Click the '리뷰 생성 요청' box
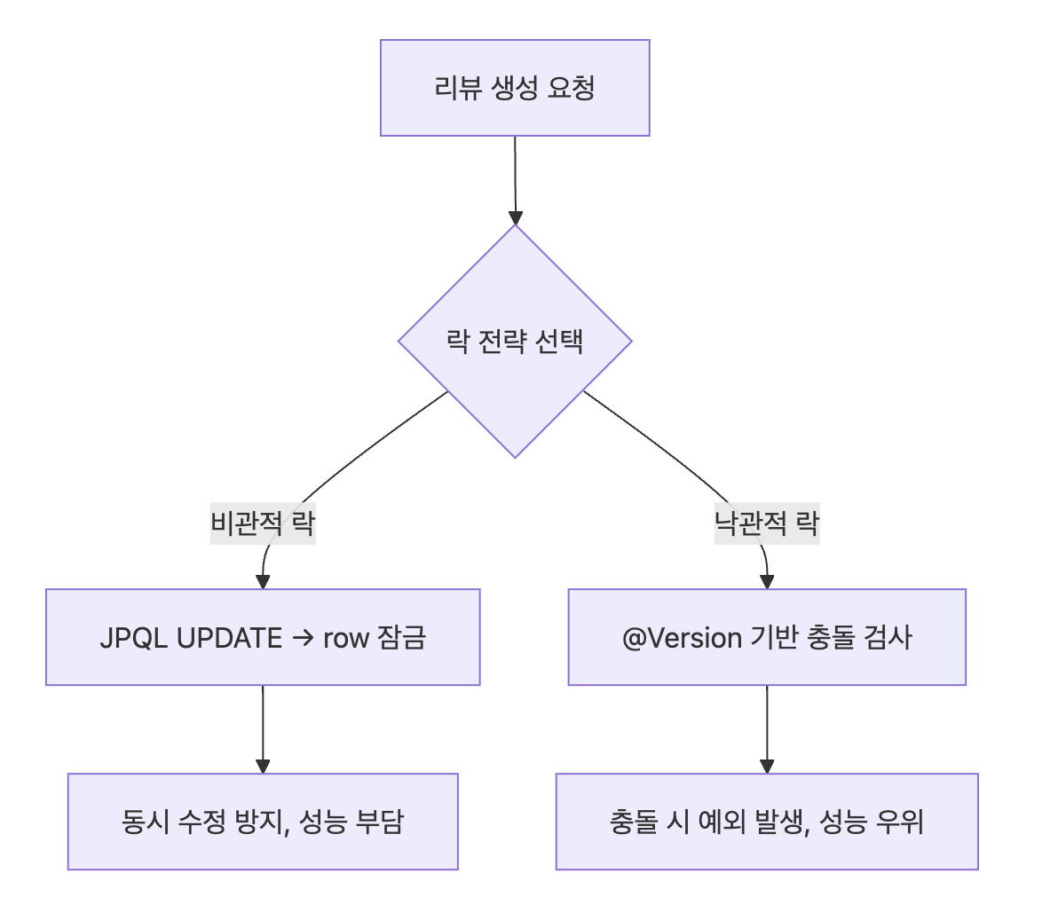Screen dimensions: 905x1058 515,88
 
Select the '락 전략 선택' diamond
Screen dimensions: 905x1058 515,341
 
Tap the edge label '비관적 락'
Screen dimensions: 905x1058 263,523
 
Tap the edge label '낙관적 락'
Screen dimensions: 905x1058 767,523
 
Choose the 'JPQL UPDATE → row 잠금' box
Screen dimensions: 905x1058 263,637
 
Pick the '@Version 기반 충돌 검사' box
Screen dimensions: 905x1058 767,637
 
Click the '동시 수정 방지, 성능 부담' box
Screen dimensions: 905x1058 263,822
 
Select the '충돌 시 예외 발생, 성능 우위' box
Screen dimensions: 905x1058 767,822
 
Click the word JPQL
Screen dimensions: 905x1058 134,638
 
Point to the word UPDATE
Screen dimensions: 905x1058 229,638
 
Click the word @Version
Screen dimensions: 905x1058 669,638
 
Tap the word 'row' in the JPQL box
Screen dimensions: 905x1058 345,638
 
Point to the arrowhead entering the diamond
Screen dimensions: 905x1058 515,217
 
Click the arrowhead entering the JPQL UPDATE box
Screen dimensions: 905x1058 263,582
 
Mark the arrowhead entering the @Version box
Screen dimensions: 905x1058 767,582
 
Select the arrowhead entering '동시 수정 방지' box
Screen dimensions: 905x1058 263,767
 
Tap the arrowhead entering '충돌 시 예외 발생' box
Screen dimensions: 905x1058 767,767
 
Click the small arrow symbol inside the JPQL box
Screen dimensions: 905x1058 303,638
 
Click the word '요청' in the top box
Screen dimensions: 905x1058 572,88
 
